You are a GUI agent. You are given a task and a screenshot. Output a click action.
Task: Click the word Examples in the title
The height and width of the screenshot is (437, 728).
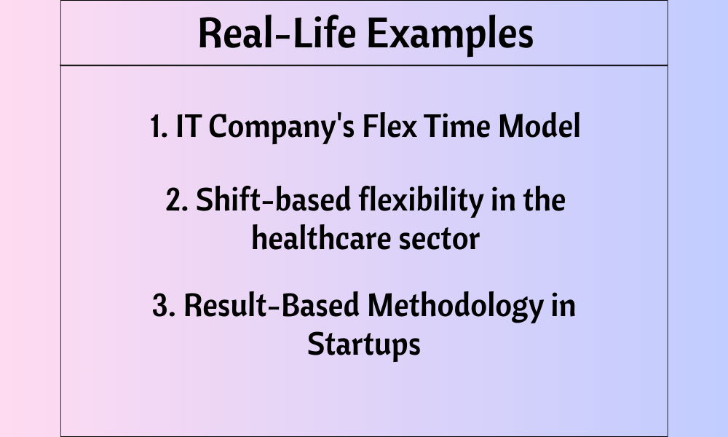(x=451, y=34)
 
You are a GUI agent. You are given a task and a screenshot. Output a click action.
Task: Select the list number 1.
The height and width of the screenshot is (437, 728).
(x=158, y=126)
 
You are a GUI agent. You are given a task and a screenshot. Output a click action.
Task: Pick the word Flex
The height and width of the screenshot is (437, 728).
(x=389, y=126)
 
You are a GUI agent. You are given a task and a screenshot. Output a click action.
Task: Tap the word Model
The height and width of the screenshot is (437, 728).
(x=539, y=126)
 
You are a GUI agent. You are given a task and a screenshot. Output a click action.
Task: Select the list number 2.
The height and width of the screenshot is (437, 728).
(x=177, y=200)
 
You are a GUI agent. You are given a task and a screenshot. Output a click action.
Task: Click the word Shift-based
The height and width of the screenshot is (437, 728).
(x=274, y=200)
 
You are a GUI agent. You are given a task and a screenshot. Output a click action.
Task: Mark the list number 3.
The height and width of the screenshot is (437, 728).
(x=164, y=306)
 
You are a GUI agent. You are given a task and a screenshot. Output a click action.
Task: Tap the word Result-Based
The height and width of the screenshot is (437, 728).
(x=272, y=305)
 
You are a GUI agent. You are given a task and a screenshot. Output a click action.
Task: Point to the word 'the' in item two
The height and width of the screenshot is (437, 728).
(x=544, y=200)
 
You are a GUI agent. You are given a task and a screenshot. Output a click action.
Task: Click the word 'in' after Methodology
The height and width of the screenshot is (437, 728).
(x=563, y=306)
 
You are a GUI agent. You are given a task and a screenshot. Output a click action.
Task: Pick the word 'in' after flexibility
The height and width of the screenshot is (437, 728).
(x=503, y=200)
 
